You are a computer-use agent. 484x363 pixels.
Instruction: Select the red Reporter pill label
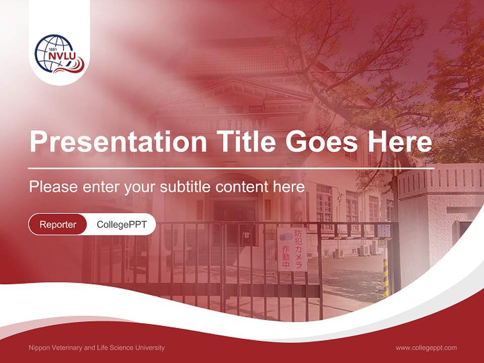57,224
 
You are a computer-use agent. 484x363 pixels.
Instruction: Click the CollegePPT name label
122,224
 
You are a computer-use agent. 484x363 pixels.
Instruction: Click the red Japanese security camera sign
292,249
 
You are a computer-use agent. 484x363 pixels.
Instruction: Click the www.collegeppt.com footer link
426,347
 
